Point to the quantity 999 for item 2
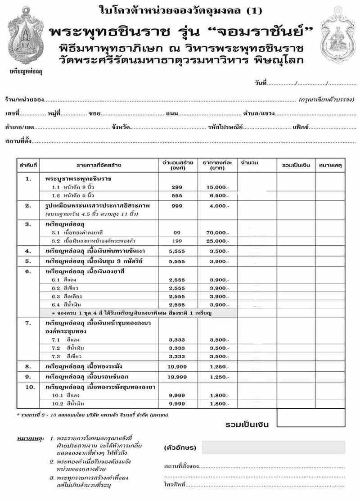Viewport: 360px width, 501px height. click(x=177, y=206)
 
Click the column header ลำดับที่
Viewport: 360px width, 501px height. click(x=28, y=165)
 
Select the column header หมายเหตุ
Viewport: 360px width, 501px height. click(x=330, y=165)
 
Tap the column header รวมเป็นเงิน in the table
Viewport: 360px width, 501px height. click(x=296, y=165)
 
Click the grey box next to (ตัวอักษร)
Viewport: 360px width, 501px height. click(x=273, y=447)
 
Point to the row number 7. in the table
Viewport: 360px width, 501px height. click(x=28, y=323)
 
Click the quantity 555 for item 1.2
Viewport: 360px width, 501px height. click(x=177, y=195)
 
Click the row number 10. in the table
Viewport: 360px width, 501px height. click(x=28, y=387)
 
